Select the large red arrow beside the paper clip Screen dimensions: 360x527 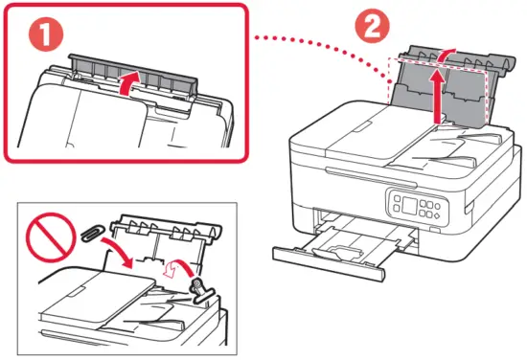point(120,252)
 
